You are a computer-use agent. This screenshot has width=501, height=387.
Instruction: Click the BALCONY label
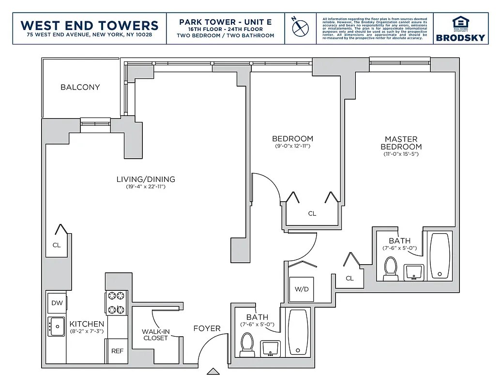(80, 87)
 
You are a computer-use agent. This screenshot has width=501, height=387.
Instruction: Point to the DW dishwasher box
(57, 303)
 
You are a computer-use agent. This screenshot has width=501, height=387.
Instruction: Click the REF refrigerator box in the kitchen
(117, 351)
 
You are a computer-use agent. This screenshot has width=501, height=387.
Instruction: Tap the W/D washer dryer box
(301, 289)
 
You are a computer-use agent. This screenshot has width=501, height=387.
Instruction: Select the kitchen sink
(56, 327)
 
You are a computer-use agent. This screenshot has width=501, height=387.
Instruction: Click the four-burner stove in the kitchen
(117, 302)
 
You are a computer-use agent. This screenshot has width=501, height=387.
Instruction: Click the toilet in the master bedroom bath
(390, 268)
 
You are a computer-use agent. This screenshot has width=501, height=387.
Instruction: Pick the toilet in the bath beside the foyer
(247, 345)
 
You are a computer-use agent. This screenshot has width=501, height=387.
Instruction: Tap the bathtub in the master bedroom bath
(440, 256)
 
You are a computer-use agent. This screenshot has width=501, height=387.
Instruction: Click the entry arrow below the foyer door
(213, 372)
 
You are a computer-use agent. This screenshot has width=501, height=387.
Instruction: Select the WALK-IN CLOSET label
(155, 335)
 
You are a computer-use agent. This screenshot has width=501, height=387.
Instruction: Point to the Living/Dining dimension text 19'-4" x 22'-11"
(146, 186)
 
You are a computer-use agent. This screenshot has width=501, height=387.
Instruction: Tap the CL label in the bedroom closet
(312, 213)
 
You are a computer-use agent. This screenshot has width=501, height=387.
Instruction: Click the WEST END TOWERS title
(90, 25)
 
